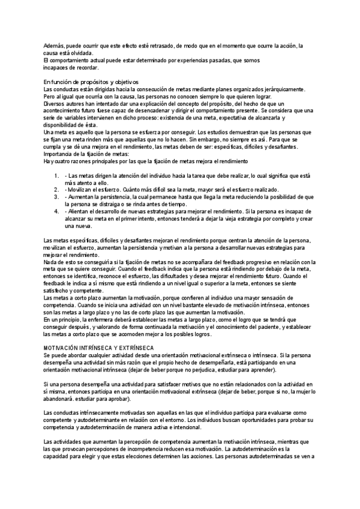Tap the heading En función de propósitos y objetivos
coord(91,82)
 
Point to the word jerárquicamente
coord(291,89)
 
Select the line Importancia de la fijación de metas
coord(82,155)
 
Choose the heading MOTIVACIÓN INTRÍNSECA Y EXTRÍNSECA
coord(99,348)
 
